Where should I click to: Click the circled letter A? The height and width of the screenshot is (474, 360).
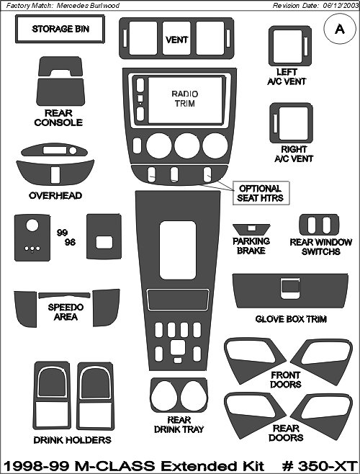340,30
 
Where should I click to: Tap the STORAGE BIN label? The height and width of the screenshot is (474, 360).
60,29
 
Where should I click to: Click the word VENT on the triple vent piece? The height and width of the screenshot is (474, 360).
177,40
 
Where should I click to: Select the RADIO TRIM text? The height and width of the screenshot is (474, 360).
185,99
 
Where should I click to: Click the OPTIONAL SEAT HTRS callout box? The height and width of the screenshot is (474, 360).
261,193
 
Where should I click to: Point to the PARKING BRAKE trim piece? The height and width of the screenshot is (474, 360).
251,229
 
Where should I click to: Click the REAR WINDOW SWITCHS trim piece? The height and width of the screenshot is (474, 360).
319,225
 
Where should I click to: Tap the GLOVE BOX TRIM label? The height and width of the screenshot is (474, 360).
291,319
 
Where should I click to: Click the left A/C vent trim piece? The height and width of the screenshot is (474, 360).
290,46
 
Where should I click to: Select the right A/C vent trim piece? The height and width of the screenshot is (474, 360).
291,123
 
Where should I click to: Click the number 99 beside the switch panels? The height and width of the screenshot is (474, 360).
62,233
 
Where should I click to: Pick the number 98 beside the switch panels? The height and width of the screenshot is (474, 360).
70,242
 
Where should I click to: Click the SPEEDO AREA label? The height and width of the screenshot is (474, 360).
66,312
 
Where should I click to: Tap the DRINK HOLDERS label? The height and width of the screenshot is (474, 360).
72,440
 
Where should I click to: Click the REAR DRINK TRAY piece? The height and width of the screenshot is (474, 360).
179,395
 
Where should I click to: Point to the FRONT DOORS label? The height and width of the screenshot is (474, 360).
286,380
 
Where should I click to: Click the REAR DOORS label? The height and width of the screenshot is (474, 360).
286,433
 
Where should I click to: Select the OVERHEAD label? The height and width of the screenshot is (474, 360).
55,196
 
